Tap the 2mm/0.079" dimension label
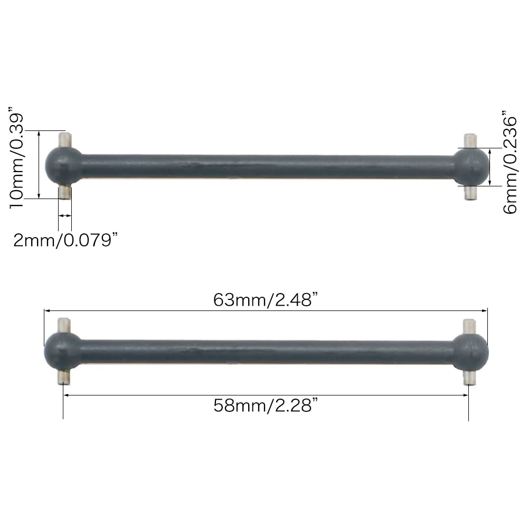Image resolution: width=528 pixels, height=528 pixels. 65,241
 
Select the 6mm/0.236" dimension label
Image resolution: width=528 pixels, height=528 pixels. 510,162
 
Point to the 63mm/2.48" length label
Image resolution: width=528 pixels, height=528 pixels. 265,300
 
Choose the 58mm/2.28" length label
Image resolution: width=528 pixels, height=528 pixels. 266,406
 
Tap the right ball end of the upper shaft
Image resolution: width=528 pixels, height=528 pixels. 471,166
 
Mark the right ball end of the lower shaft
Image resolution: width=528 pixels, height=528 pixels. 471,351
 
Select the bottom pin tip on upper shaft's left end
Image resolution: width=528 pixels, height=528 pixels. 65,193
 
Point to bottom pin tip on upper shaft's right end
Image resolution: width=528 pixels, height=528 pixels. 469,194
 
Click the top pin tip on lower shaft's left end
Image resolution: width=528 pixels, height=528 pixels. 64,324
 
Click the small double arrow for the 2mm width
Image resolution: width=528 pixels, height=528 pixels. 65,215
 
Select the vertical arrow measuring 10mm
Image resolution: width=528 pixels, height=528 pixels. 39,164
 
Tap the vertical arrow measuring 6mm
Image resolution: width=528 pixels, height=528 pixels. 491,166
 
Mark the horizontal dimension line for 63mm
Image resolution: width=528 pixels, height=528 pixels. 266,310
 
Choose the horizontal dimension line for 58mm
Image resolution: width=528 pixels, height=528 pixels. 266,395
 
